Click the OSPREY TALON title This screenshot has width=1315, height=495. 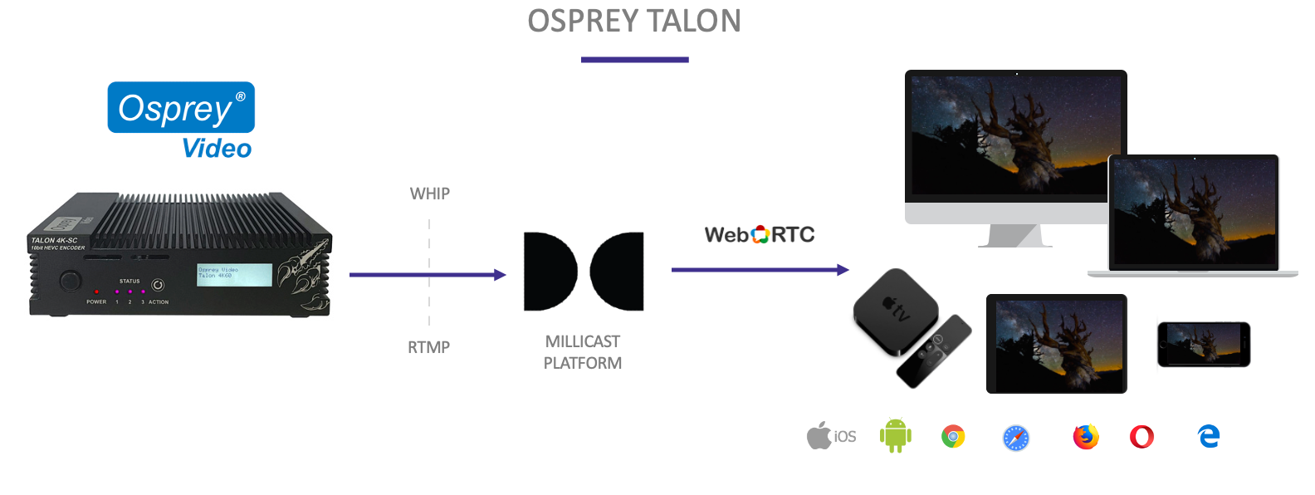[x=634, y=22]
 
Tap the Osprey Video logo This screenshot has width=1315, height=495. [x=181, y=120]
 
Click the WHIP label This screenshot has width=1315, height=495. [x=430, y=194]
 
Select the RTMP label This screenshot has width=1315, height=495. [x=428, y=347]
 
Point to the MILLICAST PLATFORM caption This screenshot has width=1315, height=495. [x=583, y=352]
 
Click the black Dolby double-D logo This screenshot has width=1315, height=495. [x=584, y=272]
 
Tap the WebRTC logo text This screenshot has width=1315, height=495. [x=760, y=235]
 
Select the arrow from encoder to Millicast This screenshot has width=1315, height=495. [x=427, y=275]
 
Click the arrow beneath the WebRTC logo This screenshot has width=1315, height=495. [x=760, y=270]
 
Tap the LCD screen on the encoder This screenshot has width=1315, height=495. [x=234, y=275]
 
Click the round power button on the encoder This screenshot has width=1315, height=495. [x=69, y=281]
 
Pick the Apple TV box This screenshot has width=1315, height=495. [x=895, y=311]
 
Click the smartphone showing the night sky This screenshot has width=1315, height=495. [x=1203, y=344]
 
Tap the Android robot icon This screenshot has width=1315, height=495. [x=895, y=436]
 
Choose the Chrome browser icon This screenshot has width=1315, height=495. [x=953, y=436]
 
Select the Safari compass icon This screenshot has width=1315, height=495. [x=1016, y=438]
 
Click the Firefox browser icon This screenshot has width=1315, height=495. [x=1085, y=437]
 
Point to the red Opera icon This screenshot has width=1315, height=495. [x=1141, y=437]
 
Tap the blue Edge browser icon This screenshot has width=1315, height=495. [x=1209, y=436]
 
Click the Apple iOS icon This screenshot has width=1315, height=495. [x=831, y=436]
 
